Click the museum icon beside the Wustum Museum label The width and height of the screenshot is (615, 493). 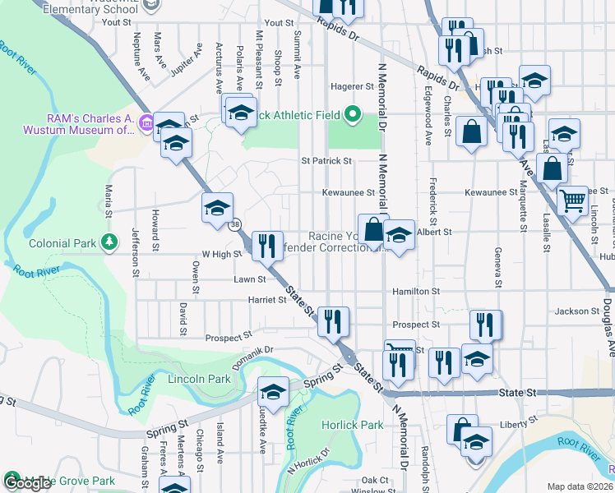coord(147,124)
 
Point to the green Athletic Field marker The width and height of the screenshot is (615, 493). coord(354,114)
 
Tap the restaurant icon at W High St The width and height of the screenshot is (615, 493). coord(266,246)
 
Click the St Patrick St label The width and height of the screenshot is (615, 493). coord(326,161)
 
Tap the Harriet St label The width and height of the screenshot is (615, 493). coord(266,300)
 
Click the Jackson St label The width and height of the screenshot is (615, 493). coord(577,311)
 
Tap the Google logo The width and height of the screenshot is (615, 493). coord(28,483)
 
